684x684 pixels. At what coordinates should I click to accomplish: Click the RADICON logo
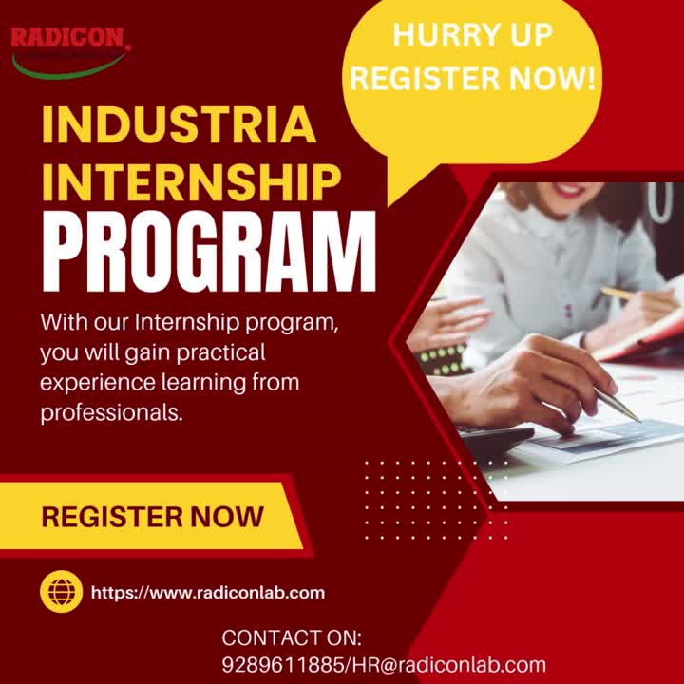pyautogui.click(x=68, y=47)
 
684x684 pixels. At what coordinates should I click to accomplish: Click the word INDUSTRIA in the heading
pyautogui.click(x=179, y=126)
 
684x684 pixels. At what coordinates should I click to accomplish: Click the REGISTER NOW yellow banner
pyautogui.click(x=152, y=517)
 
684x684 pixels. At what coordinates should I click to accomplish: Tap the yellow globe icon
pyautogui.click(x=62, y=592)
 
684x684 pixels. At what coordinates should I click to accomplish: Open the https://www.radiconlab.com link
pyautogui.click(x=208, y=593)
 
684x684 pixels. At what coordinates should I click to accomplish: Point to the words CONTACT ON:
pyautogui.click(x=292, y=636)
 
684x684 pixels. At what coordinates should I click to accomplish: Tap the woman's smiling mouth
pyautogui.click(x=568, y=191)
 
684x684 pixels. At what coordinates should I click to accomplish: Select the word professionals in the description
pyautogui.click(x=110, y=412)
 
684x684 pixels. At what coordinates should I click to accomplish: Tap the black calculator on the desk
pyautogui.click(x=494, y=438)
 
